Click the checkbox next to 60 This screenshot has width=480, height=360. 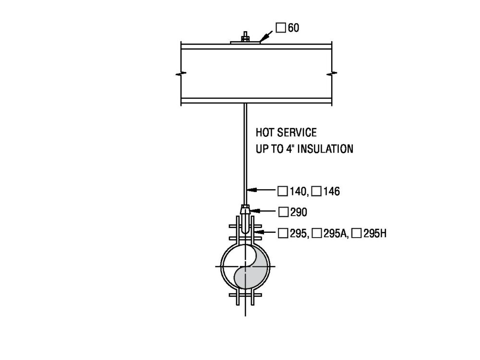click(281, 28)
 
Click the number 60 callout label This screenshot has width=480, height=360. click(293, 28)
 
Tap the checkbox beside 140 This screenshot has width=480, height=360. click(283, 192)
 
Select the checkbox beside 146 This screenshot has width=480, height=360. click(316, 192)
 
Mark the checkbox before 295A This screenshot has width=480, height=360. click(317, 234)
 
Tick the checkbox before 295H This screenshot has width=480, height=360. click(356, 234)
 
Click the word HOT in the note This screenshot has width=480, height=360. click(265, 132)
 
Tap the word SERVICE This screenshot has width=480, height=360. click(298, 132)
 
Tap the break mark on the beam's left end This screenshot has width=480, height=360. click(180, 74)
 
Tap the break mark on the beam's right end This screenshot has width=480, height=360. click(331, 74)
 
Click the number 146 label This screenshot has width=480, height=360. click(332, 192)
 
